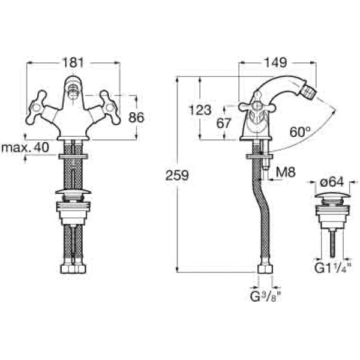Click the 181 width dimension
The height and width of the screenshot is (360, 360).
point(74,62)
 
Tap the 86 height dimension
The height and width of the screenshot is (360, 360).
point(137,118)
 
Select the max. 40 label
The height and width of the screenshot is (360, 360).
point(25,148)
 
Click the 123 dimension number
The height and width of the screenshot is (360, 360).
point(200,110)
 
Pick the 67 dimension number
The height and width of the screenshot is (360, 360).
point(224,124)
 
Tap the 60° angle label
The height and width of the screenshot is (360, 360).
point(299,131)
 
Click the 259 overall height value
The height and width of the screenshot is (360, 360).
point(177,175)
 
